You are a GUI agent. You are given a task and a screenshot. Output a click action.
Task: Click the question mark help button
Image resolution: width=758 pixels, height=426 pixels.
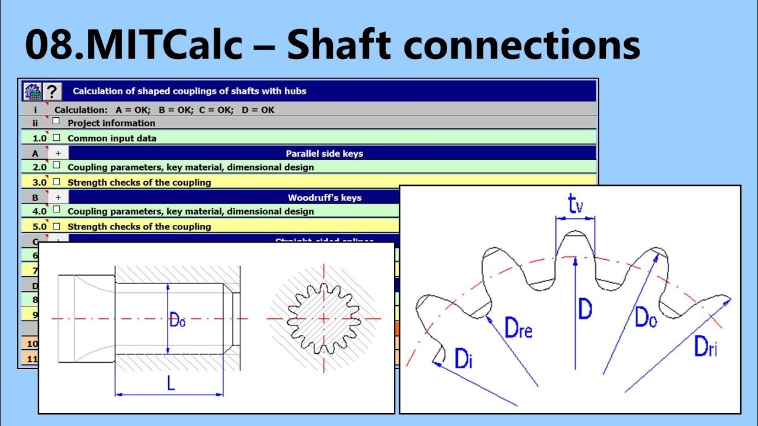tap(53, 92)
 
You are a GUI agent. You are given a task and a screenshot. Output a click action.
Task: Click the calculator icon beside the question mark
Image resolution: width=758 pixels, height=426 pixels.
tap(32, 92)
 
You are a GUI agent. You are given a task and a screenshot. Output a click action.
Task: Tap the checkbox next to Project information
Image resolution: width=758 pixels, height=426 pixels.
tap(56, 121)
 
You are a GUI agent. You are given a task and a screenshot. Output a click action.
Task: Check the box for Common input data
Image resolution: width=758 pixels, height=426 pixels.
tap(56, 137)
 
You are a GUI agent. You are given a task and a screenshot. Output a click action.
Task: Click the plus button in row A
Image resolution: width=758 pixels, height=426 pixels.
tap(58, 153)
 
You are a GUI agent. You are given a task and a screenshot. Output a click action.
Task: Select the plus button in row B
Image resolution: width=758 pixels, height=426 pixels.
tap(58, 198)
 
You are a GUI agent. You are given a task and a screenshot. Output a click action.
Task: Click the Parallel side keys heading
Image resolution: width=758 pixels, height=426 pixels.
tap(324, 153)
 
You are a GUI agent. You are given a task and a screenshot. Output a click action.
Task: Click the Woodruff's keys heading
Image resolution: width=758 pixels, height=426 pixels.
tap(325, 198)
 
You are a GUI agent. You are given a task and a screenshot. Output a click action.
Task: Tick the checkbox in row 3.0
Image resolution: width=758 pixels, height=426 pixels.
tap(56, 182)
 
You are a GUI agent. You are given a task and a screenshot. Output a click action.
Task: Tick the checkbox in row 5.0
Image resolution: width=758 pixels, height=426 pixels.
tap(56, 226)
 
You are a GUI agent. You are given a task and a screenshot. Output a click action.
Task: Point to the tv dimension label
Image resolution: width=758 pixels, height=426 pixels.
tap(574, 205)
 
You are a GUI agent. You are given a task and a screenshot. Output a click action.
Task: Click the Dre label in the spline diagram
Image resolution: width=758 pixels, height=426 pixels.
tap(518, 327)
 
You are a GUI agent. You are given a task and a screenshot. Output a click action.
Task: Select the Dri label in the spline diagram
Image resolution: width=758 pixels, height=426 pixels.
tap(706, 346)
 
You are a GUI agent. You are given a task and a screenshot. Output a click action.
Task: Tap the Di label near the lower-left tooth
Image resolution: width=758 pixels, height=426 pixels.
tap(463, 359)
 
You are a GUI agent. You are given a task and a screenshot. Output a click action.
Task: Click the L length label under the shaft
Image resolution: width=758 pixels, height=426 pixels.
tap(171, 383)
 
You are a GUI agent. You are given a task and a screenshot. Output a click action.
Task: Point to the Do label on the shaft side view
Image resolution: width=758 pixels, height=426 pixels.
tap(178, 321)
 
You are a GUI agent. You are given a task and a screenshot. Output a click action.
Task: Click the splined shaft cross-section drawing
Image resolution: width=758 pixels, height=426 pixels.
tap(324, 318)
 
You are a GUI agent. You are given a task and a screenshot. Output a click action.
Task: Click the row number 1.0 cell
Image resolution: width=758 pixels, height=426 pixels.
tap(38, 138)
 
